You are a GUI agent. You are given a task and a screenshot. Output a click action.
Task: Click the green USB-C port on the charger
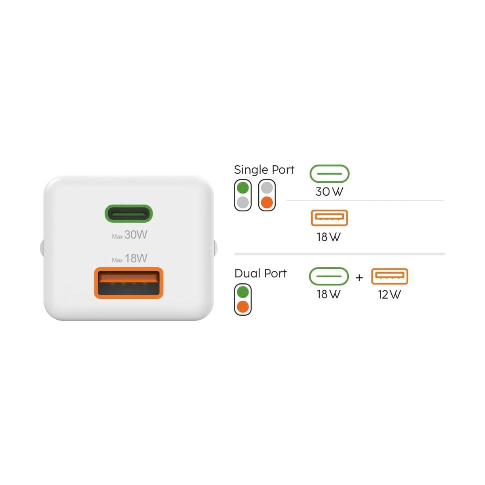[x=129, y=213]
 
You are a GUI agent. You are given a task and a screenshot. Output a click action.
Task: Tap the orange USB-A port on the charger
[x=129, y=283]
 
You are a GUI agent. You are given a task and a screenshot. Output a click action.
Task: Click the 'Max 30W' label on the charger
[x=130, y=235]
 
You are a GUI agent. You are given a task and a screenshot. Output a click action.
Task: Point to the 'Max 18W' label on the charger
[x=130, y=258]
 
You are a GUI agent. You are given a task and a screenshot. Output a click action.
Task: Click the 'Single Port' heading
[x=264, y=170]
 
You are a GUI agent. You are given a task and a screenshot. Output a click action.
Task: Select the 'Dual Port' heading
[x=261, y=274]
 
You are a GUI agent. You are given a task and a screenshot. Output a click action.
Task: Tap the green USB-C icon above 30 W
[x=329, y=173]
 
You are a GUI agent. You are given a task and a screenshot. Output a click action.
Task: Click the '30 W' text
[x=329, y=192]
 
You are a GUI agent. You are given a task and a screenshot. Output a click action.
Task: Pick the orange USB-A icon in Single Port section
[x=329, y=218]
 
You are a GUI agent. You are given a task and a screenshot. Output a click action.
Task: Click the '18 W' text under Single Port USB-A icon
[x=329, y=237]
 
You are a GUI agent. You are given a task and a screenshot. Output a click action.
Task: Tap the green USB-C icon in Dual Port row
[x=329, y=276]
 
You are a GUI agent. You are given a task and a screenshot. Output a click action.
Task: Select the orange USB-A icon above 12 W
[x=389, y=276]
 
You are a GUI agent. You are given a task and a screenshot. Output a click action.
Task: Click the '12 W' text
[x=389, y=295]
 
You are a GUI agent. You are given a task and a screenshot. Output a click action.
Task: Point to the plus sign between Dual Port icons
[x=359, y=278]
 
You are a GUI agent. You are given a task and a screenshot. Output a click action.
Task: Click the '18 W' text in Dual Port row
[x=329, y=294]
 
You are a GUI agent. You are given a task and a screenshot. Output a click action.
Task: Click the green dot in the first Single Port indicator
[x=243, y=188]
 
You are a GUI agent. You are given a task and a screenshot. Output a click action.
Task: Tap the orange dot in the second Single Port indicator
[x=267, y=202]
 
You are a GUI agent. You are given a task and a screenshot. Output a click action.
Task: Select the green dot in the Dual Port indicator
[x=243, y=292]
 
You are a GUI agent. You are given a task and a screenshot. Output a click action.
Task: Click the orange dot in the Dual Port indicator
[x=243, y=306]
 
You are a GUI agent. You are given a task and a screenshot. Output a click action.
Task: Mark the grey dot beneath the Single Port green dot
[x=243, y=202]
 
